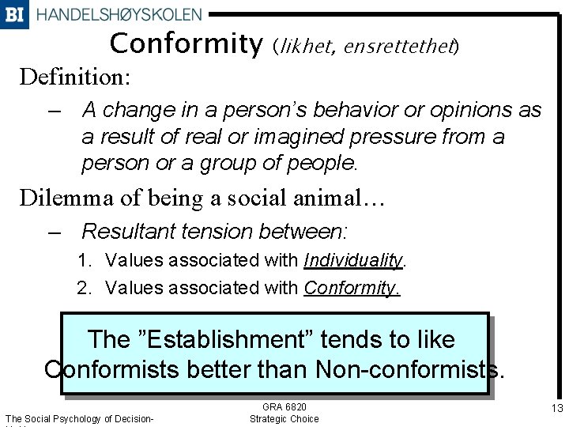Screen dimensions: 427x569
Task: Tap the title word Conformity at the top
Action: pos(186,44)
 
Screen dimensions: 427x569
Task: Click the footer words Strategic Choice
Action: pos(284,418)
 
